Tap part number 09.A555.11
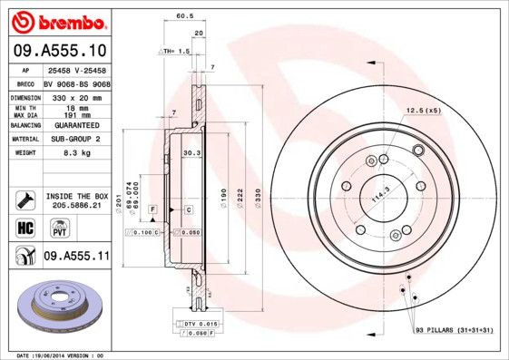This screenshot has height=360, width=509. point(76,257)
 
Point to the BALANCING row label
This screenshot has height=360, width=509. point(24,125)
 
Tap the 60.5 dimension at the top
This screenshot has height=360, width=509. point(184,16)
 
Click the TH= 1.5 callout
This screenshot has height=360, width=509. point(176,52)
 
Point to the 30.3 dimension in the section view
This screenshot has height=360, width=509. point(191,153)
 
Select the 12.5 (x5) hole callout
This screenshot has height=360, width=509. point(422,110)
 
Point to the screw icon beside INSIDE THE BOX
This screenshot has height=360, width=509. point(24,199)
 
